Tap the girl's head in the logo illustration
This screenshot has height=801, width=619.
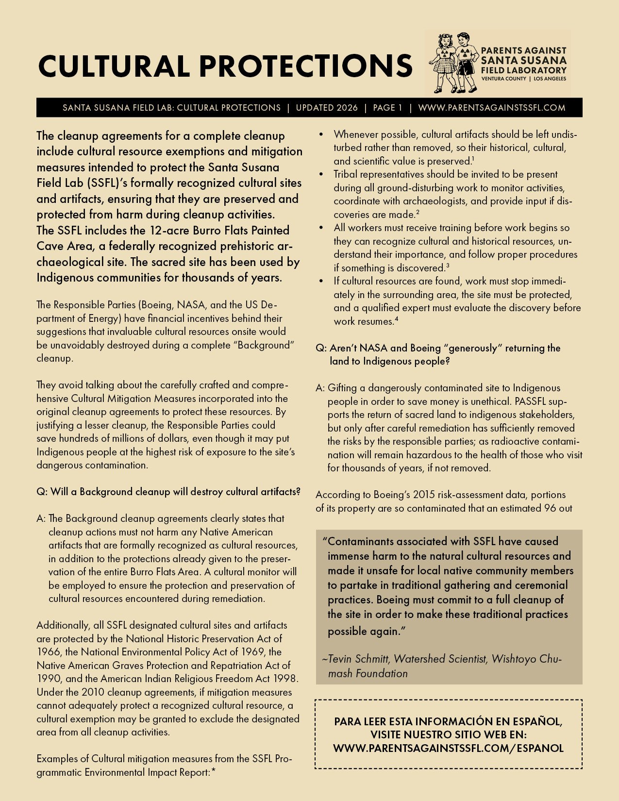[445, 41]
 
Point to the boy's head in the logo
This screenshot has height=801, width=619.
[463, 40]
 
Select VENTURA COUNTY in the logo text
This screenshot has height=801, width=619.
[503, 79]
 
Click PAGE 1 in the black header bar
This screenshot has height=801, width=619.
[387, 108]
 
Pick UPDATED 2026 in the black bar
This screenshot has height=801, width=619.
[327, 108]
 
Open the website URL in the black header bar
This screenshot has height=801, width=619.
[491, 108]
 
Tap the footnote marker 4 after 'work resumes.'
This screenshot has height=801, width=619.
[397, 319]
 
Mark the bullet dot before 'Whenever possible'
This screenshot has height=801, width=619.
[321, 134]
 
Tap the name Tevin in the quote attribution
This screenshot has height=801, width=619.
[342, 659]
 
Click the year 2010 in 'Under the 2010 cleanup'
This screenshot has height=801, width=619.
[93, 692]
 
